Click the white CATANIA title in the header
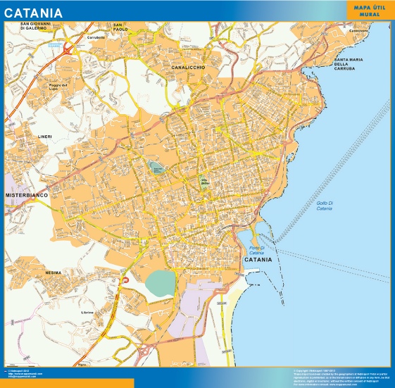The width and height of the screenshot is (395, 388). coord(33,13)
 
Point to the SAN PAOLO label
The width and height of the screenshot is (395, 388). coord(120,27)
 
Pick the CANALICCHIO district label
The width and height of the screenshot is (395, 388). coord(187,67)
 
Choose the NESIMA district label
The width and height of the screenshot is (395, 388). coord(54,272)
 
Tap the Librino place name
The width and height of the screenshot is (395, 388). coord(87,311)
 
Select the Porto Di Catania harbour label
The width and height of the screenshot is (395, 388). coord(256,250)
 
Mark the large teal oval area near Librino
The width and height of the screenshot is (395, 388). coord(163,283)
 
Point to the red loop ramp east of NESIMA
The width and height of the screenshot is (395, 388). coord(125,281)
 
